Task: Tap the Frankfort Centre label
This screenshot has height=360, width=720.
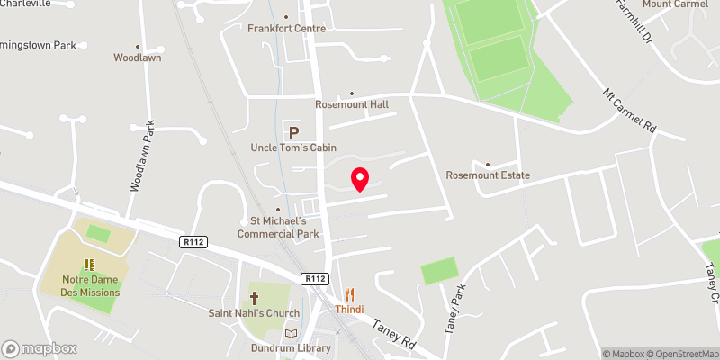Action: pyautogui.click(x=286, y=28)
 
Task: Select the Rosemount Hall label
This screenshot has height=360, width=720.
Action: pyautogui.click(x=352, y=104)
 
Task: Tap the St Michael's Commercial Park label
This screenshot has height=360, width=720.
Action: pyautogui.click(x=278, y=228)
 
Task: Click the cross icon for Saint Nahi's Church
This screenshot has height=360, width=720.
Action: pyautogui.click(x=255, y=297)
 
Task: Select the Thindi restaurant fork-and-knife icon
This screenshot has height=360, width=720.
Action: pyautogui.click(x=351, y=294)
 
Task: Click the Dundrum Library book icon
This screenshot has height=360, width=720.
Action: pyautogui.click(x=291, y=333)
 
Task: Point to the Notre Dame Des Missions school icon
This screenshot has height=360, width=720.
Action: pyautogui.click(x=89, y=264)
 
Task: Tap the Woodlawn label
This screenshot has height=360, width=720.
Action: pyautogui.click(x=137, y=57)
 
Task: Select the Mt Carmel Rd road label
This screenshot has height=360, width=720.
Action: pyautogui.click(x=631, y=113)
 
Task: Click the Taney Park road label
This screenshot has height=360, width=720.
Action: pyautogui.click(x=458, y=309)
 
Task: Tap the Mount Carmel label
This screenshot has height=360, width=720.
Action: pyautogui.click(x=670, y=5)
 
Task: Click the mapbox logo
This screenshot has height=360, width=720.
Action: pyautogui.click(x=40, y=348)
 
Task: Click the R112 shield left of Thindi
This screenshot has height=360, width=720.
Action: pyautogui.click(x=314, y=278)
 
